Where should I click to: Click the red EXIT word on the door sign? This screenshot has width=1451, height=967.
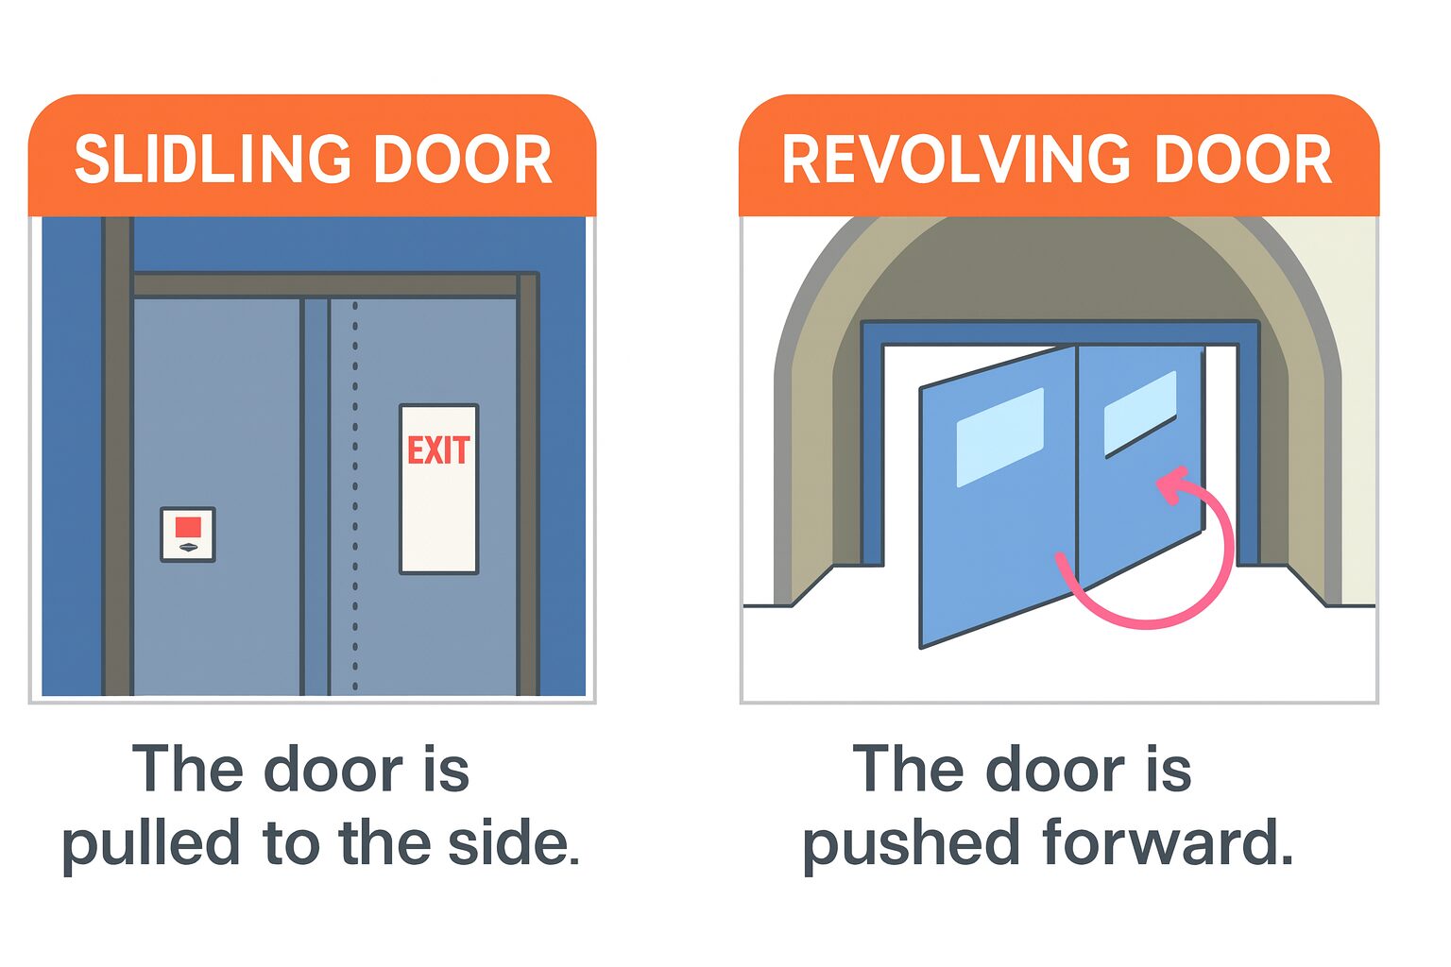tap(438, 450)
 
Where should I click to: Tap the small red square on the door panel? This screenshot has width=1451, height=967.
tap(188, 527)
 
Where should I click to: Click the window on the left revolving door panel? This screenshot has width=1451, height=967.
tap(1000, 437)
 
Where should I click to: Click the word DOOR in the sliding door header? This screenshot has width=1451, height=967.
tap(463, 160)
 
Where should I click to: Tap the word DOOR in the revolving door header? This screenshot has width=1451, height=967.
tap(1242, 160)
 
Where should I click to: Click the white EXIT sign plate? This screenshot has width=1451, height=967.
tap(438, 489)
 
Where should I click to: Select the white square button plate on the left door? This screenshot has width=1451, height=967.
tap(188, 534)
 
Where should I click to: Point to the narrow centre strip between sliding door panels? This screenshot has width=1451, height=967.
tap(316, 497)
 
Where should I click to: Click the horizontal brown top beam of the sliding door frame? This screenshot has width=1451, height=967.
tap(326, 285)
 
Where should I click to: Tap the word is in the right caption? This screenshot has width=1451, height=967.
tap(1169, 769)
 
